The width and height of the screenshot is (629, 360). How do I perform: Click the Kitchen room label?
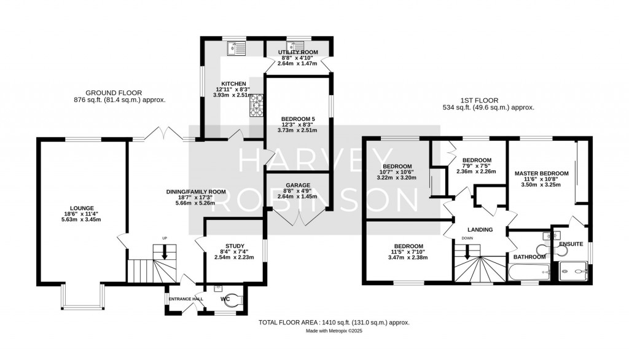[233, 84]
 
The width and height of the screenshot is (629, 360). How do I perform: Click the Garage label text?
[297, 185]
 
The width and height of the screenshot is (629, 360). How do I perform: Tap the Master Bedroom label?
[541, 174]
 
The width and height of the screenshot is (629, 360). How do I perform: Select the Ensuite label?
[571, 244]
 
